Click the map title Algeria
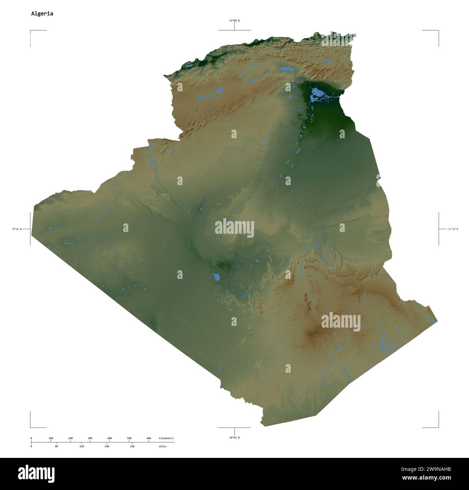[x=42, y=14]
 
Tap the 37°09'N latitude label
[x=234, y=21]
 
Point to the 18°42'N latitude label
[x=234, y=438]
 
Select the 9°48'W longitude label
[x=17, y=229]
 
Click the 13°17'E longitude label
[x=453, y=229]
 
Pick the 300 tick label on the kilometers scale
[x=90, y=438]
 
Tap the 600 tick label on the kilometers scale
[x=149, y=438]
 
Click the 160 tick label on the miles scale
[x=82, y=446]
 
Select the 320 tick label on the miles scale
[x=132, y=446]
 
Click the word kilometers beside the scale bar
[x=166, y=438]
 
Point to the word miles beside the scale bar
[x=162, y=446]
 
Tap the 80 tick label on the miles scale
[x=56, y=446]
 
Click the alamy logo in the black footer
[x=36, y=474]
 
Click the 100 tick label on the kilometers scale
[x=51, y=438]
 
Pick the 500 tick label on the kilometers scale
[x=129, y=438]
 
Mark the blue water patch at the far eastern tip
[x=433, y=321]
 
